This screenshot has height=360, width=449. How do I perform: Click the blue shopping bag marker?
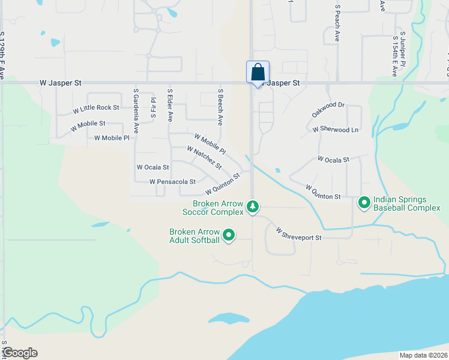click(258, 73)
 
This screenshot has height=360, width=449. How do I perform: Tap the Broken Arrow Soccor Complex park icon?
click(253, 207)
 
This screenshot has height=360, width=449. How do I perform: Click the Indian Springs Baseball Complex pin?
click(364, 203)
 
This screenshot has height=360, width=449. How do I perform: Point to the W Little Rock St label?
click(96, 109)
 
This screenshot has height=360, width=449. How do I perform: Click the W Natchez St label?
click(204, 158)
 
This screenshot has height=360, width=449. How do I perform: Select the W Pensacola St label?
click(173, 181)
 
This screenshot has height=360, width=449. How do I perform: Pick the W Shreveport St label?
click(299, 234)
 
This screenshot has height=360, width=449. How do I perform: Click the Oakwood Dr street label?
click(328, 110)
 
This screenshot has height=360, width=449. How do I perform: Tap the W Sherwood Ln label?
click(336, 129)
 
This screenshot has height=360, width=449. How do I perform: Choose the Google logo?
click(20, 353)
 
